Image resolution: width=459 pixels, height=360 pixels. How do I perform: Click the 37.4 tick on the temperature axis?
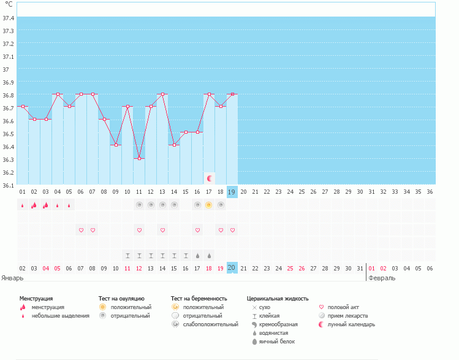coord(9,18)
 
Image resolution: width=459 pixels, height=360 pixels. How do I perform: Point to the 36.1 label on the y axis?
coord(9,185)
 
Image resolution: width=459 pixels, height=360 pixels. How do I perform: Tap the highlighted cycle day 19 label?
coord(232,192)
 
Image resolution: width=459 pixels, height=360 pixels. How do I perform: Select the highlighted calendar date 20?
coord(232,268)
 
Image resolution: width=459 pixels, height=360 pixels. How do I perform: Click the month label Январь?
coord(12,278)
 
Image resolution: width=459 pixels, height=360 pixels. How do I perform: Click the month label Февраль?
coord(382,278)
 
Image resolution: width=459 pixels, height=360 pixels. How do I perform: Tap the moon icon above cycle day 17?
coord(209,178)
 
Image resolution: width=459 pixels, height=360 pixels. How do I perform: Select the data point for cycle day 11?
coord(139,159)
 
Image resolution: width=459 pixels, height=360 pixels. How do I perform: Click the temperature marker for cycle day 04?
coord(58,94)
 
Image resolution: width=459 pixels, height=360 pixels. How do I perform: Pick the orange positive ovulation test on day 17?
coord(209,205)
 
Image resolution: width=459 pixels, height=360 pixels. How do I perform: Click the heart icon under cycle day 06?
coord(81,230)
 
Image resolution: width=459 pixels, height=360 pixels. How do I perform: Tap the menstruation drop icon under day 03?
coord(46,205)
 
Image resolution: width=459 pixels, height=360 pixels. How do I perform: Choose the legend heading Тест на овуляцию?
coord(121,298)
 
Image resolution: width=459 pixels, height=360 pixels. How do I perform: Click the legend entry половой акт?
coord(343,307)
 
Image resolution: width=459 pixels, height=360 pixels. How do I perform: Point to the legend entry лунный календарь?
coord(351,324)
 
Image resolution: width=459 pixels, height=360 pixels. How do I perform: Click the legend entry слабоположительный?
coord(210,324)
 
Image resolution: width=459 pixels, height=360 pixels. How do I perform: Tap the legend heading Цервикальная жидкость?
coord(278,298)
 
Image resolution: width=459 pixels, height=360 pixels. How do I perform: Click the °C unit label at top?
coord(9,4)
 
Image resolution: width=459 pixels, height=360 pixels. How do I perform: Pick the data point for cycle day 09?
coord(116,145)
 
